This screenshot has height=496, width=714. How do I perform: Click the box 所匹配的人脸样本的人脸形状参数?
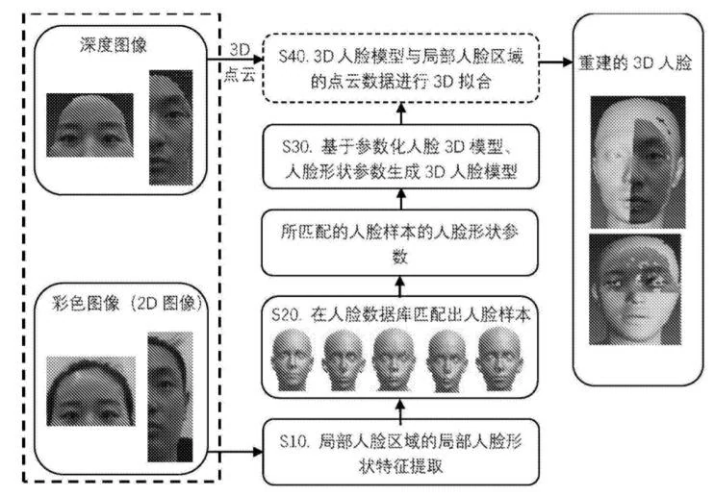(397, 244)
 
